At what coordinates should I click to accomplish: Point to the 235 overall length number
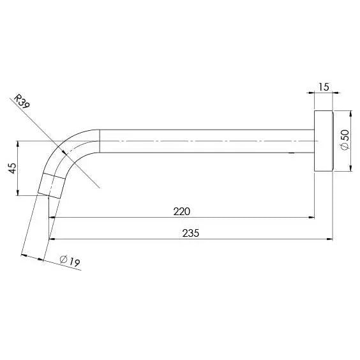tap(191, 234)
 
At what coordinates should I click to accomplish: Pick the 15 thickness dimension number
tap(323, 87)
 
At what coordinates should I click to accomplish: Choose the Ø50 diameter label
tap(345, 140)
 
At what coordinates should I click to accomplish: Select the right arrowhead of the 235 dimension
tap(331, 241)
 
